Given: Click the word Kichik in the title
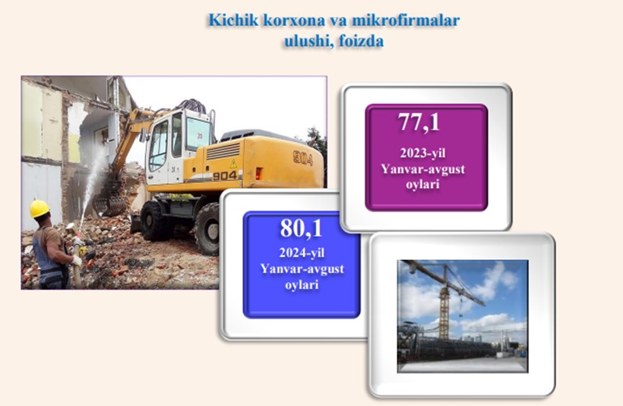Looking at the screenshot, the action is (233, 20).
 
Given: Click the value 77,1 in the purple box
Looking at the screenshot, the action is (419, 122).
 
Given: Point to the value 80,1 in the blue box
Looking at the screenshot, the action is (301, 229).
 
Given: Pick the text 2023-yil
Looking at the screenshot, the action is (423, 153).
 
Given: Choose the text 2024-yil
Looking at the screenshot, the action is (301, 253).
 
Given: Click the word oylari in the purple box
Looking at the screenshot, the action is (422, 185).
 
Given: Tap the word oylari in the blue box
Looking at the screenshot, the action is (301, 284).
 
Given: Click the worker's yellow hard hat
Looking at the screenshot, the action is (40, 208).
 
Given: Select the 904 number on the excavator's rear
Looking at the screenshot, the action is (303, 158).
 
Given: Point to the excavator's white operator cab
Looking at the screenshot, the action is (177, 146).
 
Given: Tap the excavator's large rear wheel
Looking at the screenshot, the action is (207, 229).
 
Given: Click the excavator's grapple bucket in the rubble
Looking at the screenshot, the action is (109, 203).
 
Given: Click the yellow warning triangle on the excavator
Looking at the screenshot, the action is (233, 163).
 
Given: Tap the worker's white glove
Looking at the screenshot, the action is (77, 261).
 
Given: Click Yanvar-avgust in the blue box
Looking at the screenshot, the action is (302, 269).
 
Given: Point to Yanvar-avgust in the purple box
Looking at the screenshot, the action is (423, 169).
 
